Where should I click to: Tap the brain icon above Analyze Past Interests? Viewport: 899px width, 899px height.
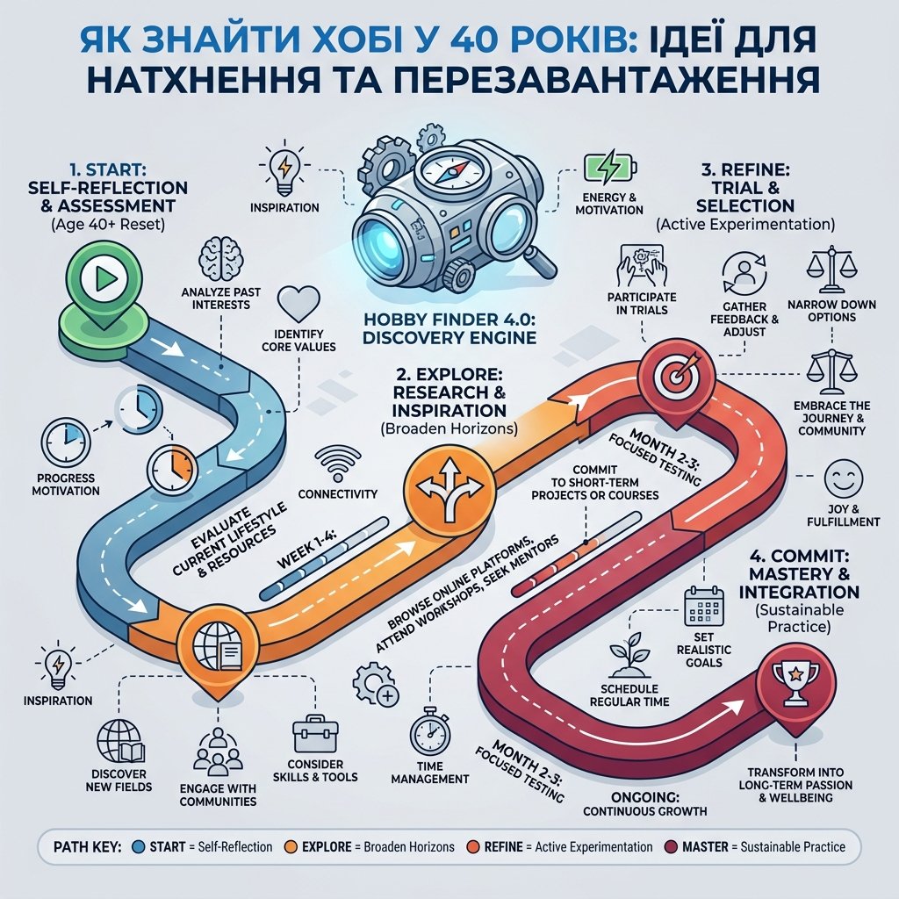point(220,260)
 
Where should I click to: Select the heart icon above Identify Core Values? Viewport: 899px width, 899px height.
point(298,305)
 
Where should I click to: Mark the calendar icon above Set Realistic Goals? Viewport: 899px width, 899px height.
point(703,608)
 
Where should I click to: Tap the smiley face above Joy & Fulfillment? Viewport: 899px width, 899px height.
point(844,478)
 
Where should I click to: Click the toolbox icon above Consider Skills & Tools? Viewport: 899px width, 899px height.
point(315,734)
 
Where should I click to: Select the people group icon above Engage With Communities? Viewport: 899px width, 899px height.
point(218,752)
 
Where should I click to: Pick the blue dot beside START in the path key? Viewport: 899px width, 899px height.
point(138,847)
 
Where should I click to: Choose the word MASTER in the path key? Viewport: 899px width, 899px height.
point(705,847)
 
